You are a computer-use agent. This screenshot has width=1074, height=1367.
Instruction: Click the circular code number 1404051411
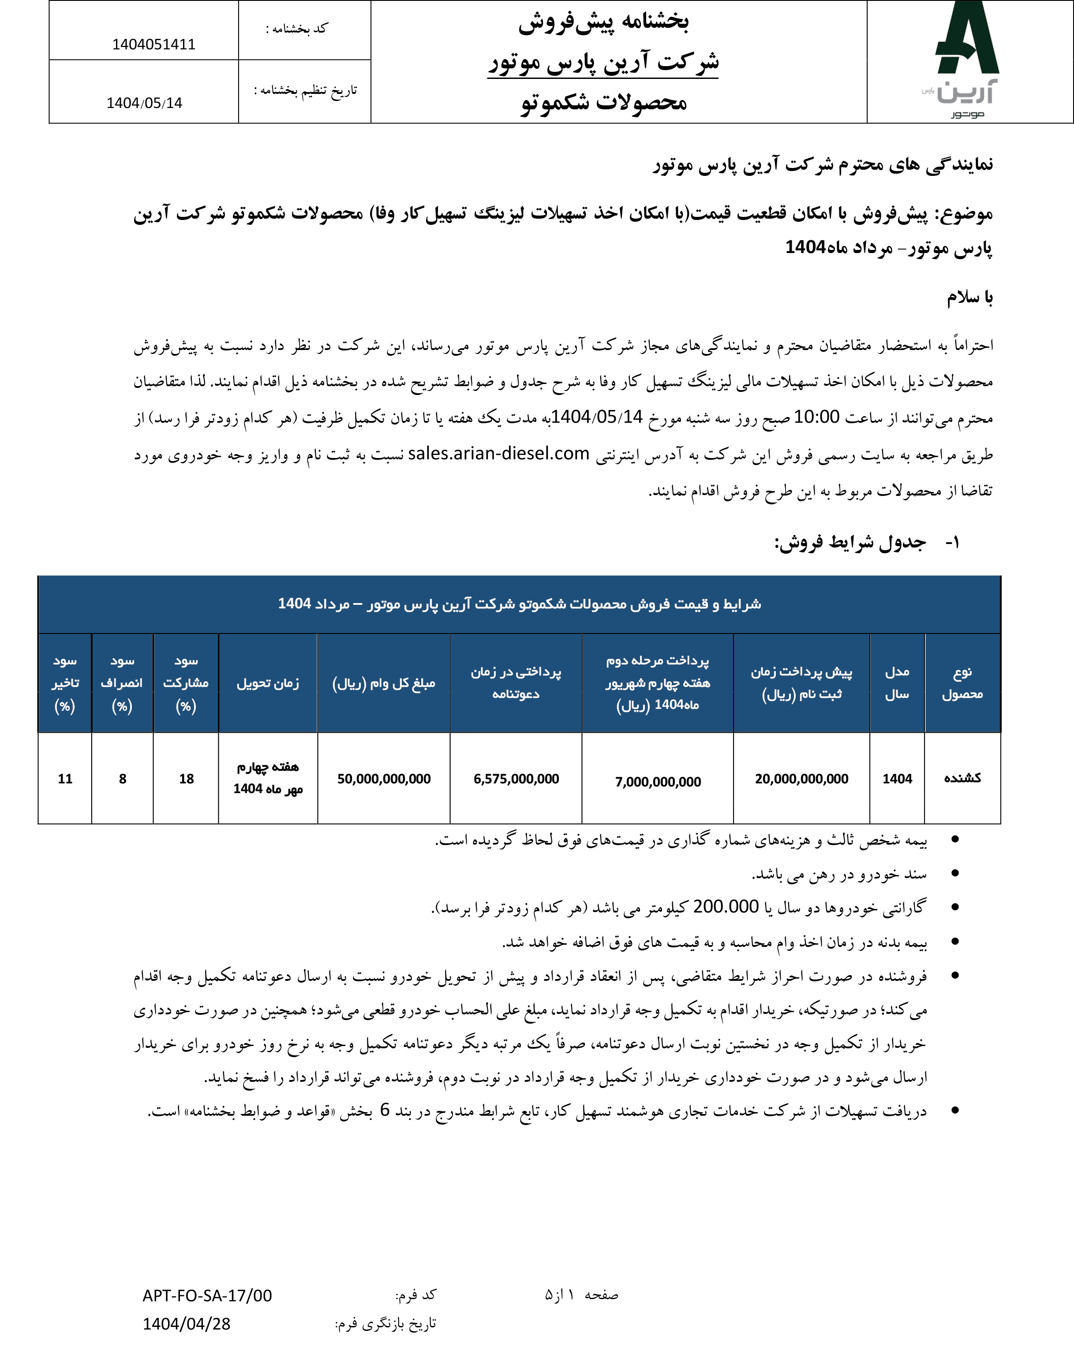(x=153, y=45)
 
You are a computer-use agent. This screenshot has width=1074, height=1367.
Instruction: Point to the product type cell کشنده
(x=962, y=778)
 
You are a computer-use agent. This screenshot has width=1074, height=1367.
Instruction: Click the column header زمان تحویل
(x=268, y=683)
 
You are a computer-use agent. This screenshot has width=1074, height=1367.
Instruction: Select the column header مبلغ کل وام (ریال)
(x=384, y=683)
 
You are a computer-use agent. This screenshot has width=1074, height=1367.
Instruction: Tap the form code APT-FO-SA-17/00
(x=207, y=1295)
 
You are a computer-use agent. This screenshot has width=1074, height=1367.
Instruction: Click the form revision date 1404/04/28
(x=186, y=1324)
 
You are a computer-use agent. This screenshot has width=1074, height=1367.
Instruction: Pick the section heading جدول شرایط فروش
(x=849, y=542)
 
